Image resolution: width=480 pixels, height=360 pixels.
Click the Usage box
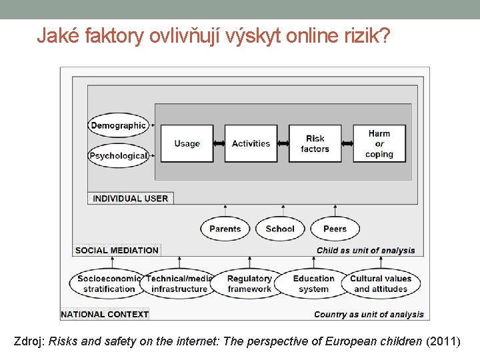click(187, 143)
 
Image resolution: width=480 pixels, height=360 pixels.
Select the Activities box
click(251, 143)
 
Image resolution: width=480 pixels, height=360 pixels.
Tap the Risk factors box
click(315, 143)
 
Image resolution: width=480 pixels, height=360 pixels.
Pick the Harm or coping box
click(379, 143)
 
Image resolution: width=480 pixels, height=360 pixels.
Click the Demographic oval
click(118, 125)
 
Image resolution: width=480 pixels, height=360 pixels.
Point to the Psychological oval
click(118, 156)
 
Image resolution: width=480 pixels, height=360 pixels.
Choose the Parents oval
click(225, 229)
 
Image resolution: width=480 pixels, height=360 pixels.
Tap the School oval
click(280, 229)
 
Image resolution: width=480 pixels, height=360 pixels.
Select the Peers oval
click(335, 229)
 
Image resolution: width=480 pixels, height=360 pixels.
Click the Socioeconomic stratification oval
click(108, 283)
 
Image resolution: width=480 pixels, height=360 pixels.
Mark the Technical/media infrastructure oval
click(179, 283)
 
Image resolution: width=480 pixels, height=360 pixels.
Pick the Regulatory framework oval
click(249, 283)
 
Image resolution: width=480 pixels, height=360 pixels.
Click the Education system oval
click(313, 283)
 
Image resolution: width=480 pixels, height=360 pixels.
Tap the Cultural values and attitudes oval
click(381, 283)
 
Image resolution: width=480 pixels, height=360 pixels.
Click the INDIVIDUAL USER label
click(131, 198)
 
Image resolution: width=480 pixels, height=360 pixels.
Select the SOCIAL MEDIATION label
click(117, 251)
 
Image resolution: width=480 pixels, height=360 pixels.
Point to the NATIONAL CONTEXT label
click(104, 314)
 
